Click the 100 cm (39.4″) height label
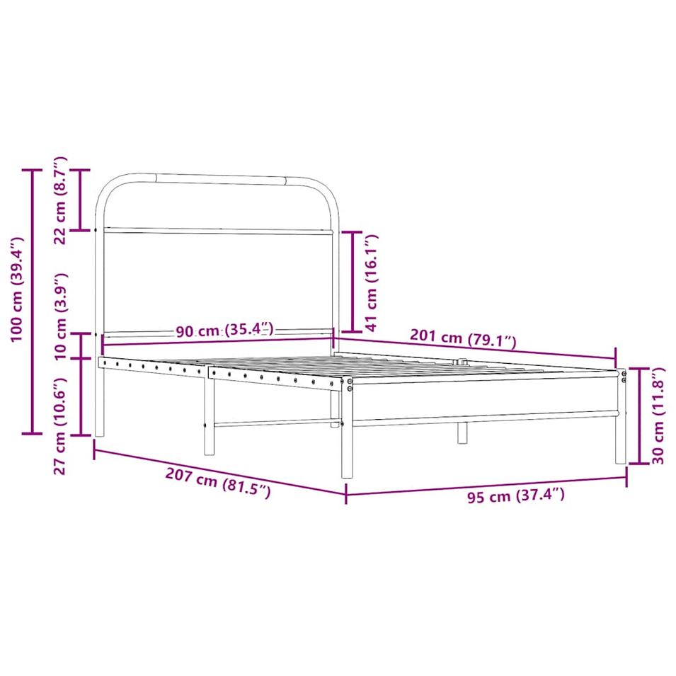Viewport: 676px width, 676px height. pos(17,290)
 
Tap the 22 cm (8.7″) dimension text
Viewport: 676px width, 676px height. pos(60,200)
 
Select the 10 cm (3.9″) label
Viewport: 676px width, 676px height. pos(61,316)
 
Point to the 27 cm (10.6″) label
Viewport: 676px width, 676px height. pos(60,426)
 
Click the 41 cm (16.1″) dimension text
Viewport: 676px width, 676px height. pos(371,283)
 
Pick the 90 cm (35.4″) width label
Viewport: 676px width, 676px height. pos(224,330)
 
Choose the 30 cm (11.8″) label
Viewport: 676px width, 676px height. pos(658,416)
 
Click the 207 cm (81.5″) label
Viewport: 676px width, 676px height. pos(218,483)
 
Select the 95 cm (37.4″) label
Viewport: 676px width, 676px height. pos(516,495)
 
